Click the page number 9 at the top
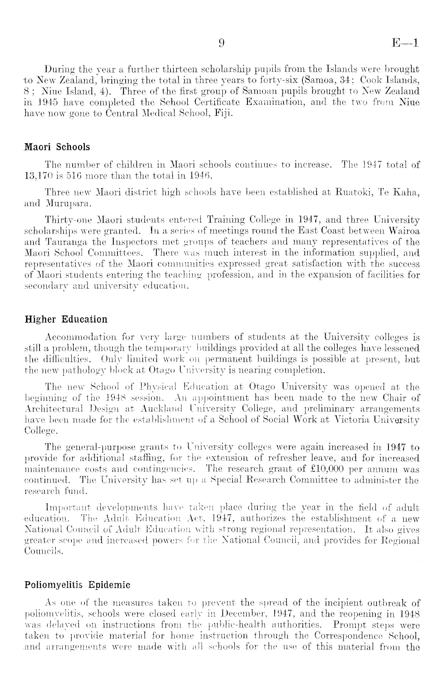point(221,43)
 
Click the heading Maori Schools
point(57,147)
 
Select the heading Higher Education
point(66,319)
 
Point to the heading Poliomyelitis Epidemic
point(77,586)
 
